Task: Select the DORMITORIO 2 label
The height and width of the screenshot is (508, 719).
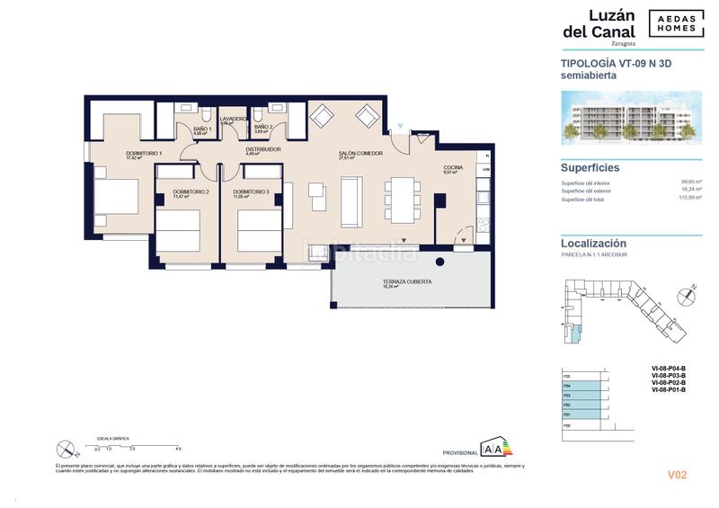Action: coord(191,192)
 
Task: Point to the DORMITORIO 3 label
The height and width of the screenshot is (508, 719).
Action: coord(251,192)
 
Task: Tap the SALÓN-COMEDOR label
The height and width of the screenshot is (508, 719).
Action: coord(360,154)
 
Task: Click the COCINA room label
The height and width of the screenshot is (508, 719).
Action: coord(453,167)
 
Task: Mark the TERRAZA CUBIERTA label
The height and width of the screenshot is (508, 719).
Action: coord(408,281)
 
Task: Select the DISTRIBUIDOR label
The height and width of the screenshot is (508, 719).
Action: coord(264,149)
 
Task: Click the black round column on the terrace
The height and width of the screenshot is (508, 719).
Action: coord(439,262)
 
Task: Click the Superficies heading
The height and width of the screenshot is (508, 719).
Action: coord(590,167)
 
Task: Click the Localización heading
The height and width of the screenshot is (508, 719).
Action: coord(593,243)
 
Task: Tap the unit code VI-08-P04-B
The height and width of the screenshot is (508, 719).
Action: coord(669,368)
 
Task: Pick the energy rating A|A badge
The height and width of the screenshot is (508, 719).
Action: coord(494,448)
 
